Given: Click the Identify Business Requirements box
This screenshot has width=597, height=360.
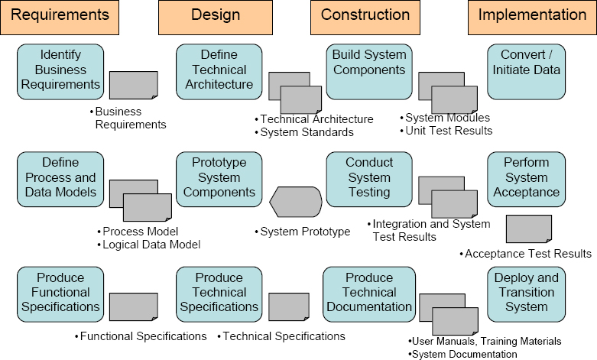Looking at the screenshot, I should [x=60, y=70].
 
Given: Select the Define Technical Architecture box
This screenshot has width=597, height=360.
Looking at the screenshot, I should [x=219, y=70].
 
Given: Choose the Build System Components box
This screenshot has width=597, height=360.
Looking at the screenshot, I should [x=369, y=70].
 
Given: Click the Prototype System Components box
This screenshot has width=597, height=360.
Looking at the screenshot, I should [x=219, y=177].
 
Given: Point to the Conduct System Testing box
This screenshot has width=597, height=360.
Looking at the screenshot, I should [x=369, y=177].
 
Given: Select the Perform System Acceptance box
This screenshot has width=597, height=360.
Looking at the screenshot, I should [x=527, y=177].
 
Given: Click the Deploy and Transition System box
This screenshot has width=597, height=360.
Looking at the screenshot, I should [x=527, y=292].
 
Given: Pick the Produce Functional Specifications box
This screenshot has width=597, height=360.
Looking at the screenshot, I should [x=60, y=292].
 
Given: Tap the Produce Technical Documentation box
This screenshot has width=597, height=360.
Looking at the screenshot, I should [x=369, y=292].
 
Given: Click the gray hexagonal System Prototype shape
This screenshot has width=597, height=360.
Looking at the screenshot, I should [x=295, y=202].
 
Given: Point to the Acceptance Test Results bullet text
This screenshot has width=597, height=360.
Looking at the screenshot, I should [x=528, y=254].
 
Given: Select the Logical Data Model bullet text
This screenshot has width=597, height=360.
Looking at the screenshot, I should [x=151, y=245].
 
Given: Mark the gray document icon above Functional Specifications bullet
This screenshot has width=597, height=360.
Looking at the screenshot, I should [x=134, y=308].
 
